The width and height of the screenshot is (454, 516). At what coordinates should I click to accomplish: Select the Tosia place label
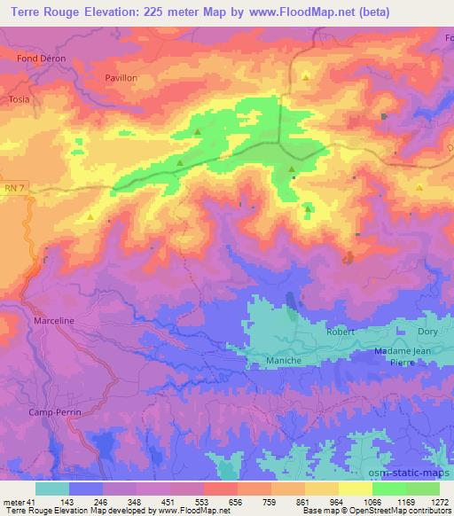coord(19,99)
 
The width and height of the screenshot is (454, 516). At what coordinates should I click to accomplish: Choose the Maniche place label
coord(285,360)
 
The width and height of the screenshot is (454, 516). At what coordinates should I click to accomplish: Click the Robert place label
coord(340,332)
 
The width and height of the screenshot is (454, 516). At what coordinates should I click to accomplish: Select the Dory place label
coord(428,332)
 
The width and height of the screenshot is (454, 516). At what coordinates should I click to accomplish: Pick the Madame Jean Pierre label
coord(404,356)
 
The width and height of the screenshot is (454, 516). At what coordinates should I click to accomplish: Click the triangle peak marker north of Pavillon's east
coord(305,77)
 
